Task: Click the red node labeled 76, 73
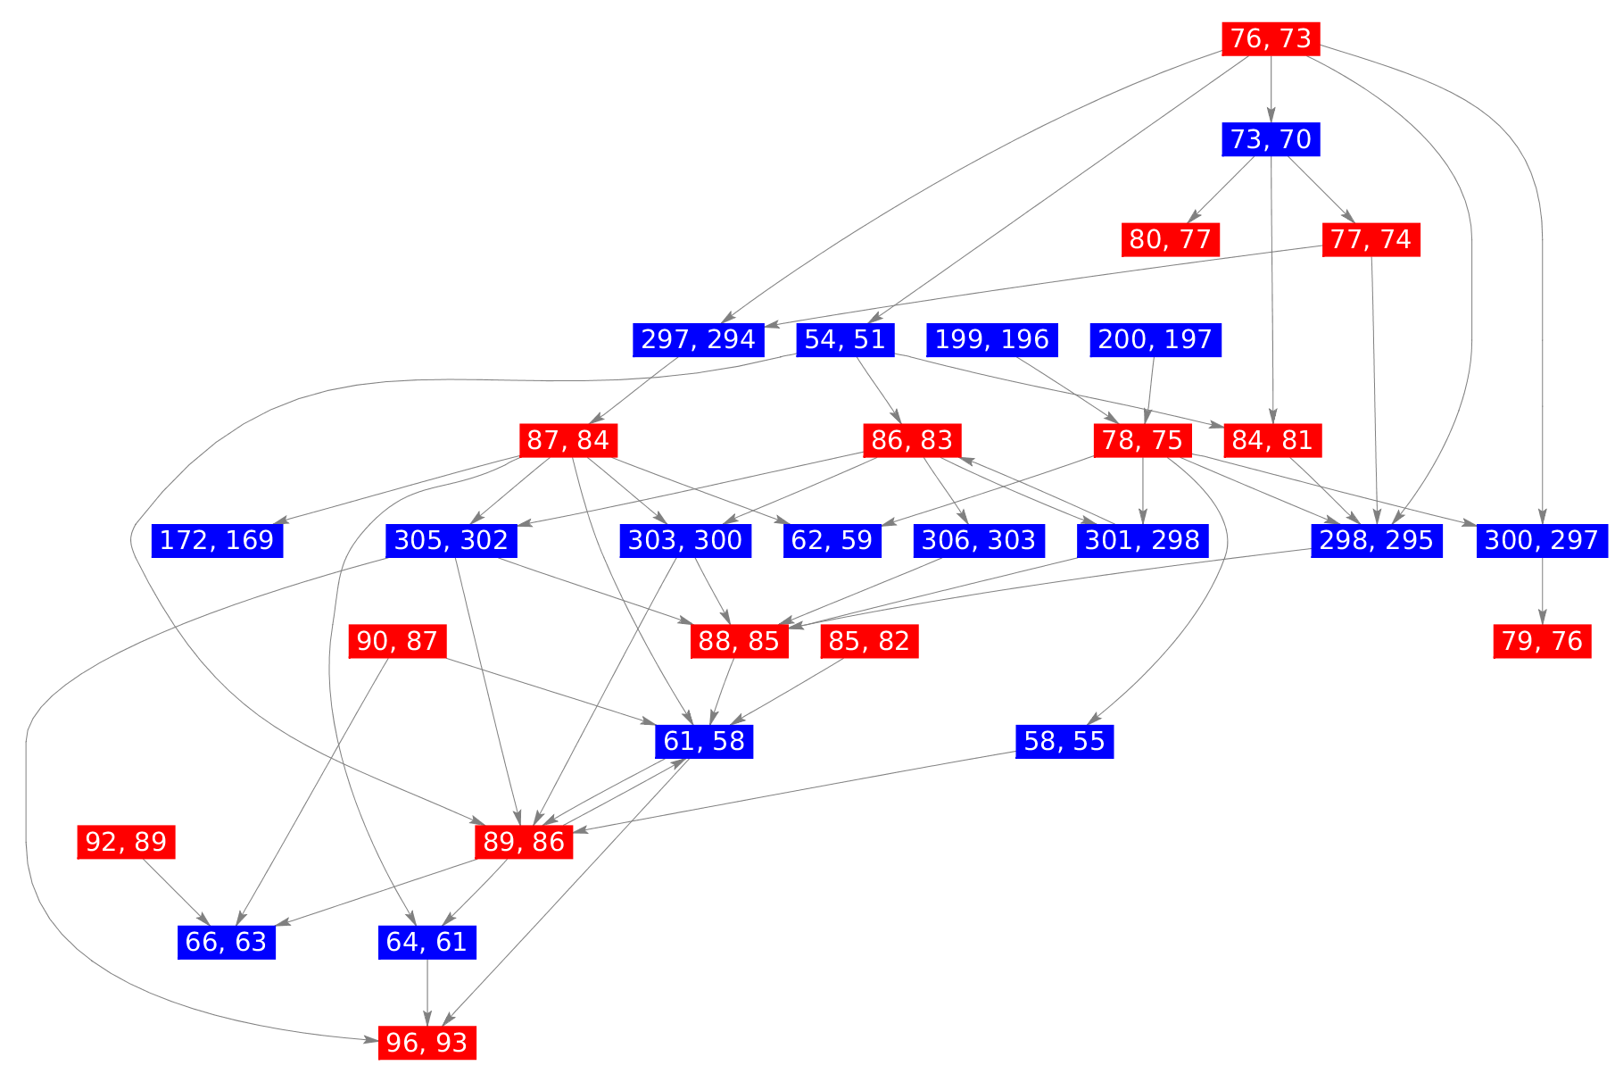point(1270,38)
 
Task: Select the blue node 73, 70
point(1270,139)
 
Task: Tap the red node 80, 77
point(1170,239)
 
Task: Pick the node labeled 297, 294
point(698,339)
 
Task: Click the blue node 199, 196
point(990,339)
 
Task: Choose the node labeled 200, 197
point(1155,339)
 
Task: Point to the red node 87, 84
point(568,440)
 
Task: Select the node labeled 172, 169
point(217,540)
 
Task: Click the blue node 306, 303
point(978,540)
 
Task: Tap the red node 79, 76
point(1542,641)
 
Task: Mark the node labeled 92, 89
point(126,842)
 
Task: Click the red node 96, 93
point(427,1042)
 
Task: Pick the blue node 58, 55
point(1064,741)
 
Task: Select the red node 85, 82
point(868,641)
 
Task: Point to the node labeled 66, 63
point(226,942)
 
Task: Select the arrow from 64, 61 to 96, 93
point(427,992)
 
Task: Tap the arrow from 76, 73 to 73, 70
point(1270,88)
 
